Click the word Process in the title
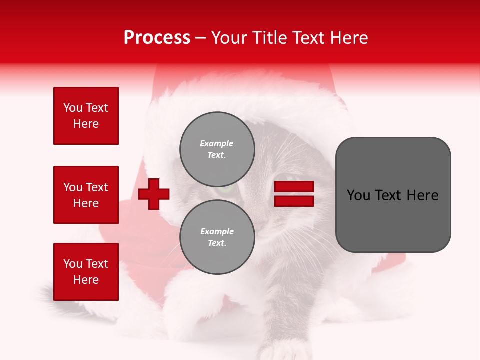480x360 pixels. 157,38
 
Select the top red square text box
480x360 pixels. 86,116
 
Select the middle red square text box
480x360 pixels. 86,195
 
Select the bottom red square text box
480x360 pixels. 86,271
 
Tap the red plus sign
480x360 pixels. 154,194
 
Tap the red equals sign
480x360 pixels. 294,194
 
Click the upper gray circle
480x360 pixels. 217,149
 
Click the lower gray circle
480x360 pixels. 217,237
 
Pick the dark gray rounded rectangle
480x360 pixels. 393,195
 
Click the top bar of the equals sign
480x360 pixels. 294,187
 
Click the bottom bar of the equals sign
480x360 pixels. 294,201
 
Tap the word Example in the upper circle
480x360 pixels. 216,143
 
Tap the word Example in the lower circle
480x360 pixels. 217,231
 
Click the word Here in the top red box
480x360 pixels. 86,124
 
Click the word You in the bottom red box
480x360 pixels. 72,264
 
